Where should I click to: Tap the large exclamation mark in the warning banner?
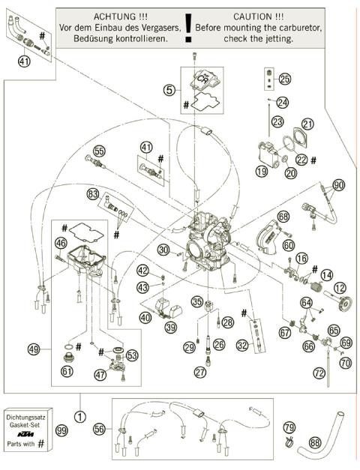click(187, 26)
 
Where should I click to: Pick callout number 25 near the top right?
click(283, 79)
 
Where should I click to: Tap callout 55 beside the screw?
click(100, 150)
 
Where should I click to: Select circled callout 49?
click(34, 348)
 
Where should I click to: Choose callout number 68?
click(283, 216)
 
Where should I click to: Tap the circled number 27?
click(200, 372)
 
